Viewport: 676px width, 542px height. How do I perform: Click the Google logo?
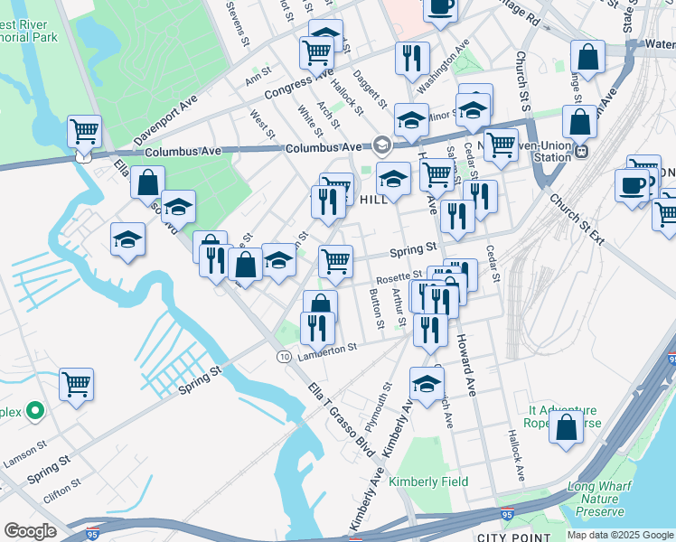31,531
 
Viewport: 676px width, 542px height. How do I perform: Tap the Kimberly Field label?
428,481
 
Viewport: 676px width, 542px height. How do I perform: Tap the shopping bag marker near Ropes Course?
567,427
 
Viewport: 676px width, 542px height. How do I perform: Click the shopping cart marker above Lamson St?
77,384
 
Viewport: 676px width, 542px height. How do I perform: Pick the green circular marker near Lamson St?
35,411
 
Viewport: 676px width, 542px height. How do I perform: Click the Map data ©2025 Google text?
619,535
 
